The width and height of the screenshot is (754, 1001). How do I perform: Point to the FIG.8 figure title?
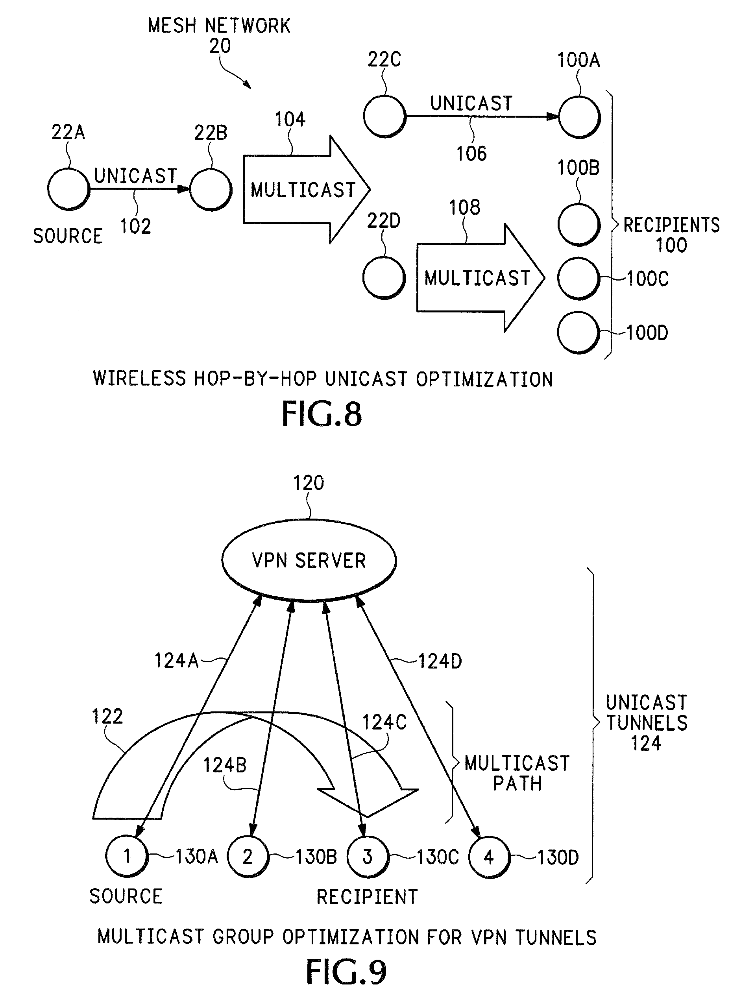322,414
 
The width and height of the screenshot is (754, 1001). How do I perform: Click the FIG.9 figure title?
346,971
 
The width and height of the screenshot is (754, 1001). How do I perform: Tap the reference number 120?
309,483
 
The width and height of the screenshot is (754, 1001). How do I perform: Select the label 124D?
440,661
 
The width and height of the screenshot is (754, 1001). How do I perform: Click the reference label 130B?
316,857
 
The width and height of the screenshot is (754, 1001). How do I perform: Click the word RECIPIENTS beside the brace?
672,225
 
